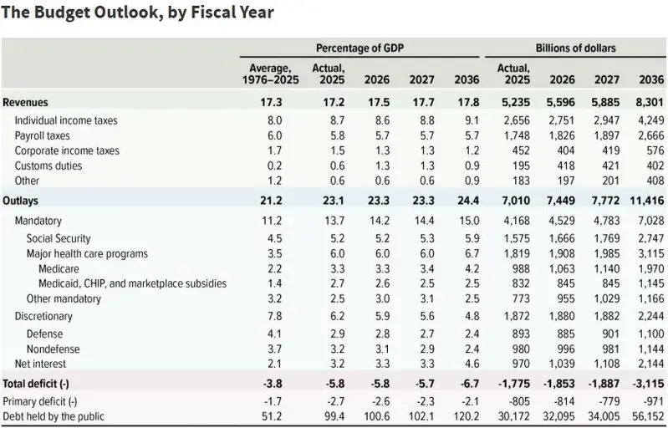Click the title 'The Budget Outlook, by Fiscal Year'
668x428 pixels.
pos(138,13)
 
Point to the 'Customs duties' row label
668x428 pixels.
pos(48,166)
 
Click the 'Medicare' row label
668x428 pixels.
pos(60,268)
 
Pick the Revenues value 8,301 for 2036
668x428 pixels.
pos(647,102)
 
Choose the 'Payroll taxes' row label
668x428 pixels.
pos(42,135)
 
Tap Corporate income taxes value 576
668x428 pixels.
pos(652,150)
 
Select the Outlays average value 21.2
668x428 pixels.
pos(271,201)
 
